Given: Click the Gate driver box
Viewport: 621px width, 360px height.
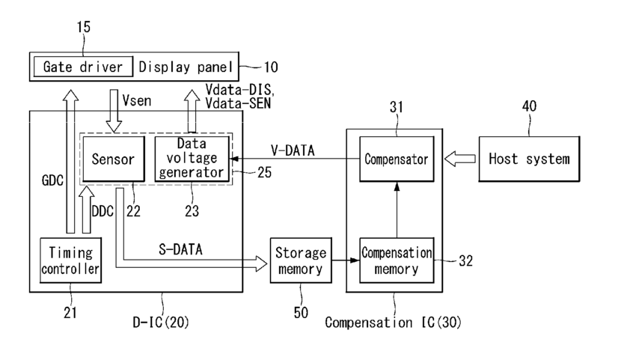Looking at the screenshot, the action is [x=83, y=67].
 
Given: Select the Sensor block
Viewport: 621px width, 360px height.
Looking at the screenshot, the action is [x=114, y=159].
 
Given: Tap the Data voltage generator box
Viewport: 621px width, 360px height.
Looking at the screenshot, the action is [x=192, y=159].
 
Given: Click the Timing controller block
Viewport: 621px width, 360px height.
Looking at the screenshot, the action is [x=70, y=260].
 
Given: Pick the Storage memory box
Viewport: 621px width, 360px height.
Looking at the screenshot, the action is [x=301, y=260].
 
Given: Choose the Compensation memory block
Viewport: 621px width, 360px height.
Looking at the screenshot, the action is [x=397, y=260].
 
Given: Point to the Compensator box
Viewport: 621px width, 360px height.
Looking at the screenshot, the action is [x=397, y=159].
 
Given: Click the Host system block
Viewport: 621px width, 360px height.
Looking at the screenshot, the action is [x=529, y=159].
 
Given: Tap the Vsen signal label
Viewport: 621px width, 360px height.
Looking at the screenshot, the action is [x=137, y=100].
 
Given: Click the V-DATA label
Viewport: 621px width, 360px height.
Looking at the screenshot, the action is [x=293, y=150].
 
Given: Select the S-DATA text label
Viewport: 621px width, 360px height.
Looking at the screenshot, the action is [x=180, y=249].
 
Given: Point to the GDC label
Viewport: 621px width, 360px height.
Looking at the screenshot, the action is [x=52, y=180].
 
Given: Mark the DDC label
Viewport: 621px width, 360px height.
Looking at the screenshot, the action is [x=103, y=212].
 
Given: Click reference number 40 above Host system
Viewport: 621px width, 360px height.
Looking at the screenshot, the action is [x=530, y=106].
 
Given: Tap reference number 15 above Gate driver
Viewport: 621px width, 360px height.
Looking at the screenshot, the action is [x=84, y=28].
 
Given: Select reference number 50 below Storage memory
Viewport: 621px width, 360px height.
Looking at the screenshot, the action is [x=301, y=313].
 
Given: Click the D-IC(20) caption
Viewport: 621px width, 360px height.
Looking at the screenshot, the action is [x=161, y=323].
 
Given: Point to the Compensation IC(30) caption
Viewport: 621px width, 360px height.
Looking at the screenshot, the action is [x=394, y=323].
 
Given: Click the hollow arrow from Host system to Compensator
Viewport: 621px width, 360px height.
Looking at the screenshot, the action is [x=460, y=159].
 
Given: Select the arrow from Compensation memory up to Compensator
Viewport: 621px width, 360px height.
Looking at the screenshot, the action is [x=397, y=210].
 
